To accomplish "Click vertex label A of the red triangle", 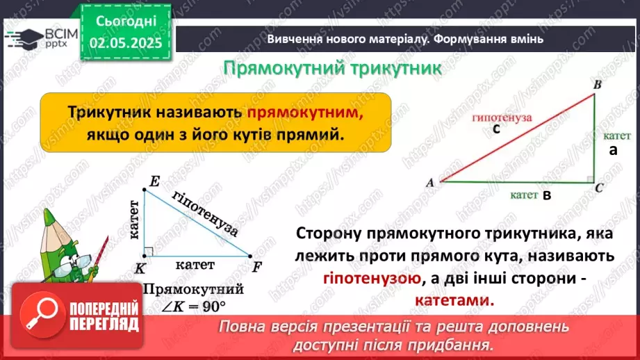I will click(430, 183).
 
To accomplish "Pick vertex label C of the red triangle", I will click(600, 188).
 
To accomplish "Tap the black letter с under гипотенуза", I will click(496, 129).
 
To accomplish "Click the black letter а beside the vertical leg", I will click(613, 149).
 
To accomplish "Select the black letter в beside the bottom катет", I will click(547, 197).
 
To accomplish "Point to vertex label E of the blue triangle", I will click(154, 182).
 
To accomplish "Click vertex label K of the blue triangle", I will click(141, 268).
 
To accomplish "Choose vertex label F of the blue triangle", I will click(257, 267).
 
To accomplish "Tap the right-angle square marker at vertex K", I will click(148, 252).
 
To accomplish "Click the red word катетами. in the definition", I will click(455, 301).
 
